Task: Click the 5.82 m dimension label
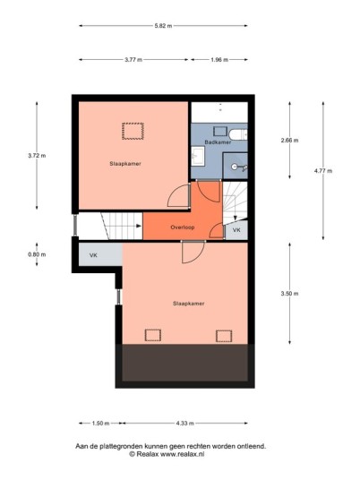click(163, 26)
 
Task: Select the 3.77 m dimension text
click(133, 60)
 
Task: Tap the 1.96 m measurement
click(219, 60)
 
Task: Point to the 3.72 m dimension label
click(37, 156)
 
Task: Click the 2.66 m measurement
click(289, 141)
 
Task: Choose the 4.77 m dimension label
click(323, 171)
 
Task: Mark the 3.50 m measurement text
click(289, 294)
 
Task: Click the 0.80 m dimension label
click(37, 254)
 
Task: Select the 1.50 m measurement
click(100, 424)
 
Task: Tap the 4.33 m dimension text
click(184, 424)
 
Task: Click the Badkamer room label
click(218, 142)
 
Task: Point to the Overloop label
click(183, 227)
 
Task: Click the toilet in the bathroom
click(238, 134)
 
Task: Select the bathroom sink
click(198, 156)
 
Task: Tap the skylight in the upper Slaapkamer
click(133, 131)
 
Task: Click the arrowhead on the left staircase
click(139, 226)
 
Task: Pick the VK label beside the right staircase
click(236, 230)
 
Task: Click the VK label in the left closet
click(93, 255)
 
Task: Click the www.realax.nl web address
click(182, 454)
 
